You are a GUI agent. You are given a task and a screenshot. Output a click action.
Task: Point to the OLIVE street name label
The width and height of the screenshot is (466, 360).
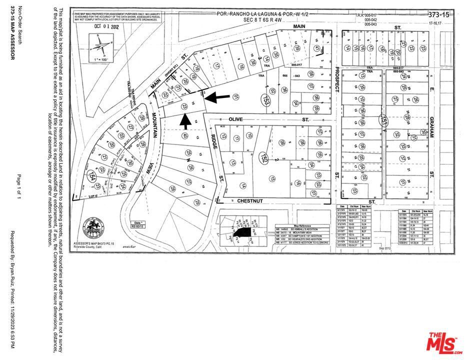[235, 120]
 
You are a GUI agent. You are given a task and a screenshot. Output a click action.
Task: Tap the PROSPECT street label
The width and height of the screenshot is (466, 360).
[336, 80]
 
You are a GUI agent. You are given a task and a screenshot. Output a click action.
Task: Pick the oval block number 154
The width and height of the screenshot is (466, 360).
[92, 175]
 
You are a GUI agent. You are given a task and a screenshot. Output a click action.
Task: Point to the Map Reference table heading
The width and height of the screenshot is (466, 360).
[306, 225]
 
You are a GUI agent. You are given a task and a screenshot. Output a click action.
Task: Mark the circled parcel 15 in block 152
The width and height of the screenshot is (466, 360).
[272, 178]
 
